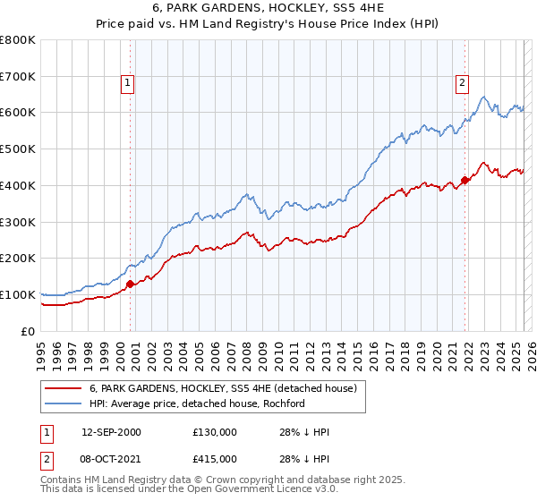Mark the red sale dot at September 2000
click(x=131, y=284)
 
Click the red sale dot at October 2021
click(x=465, y=180)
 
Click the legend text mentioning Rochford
click(x=197, y=403)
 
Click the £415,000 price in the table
click(x=214, y=458)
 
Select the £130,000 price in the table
click(x=214, y=433)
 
